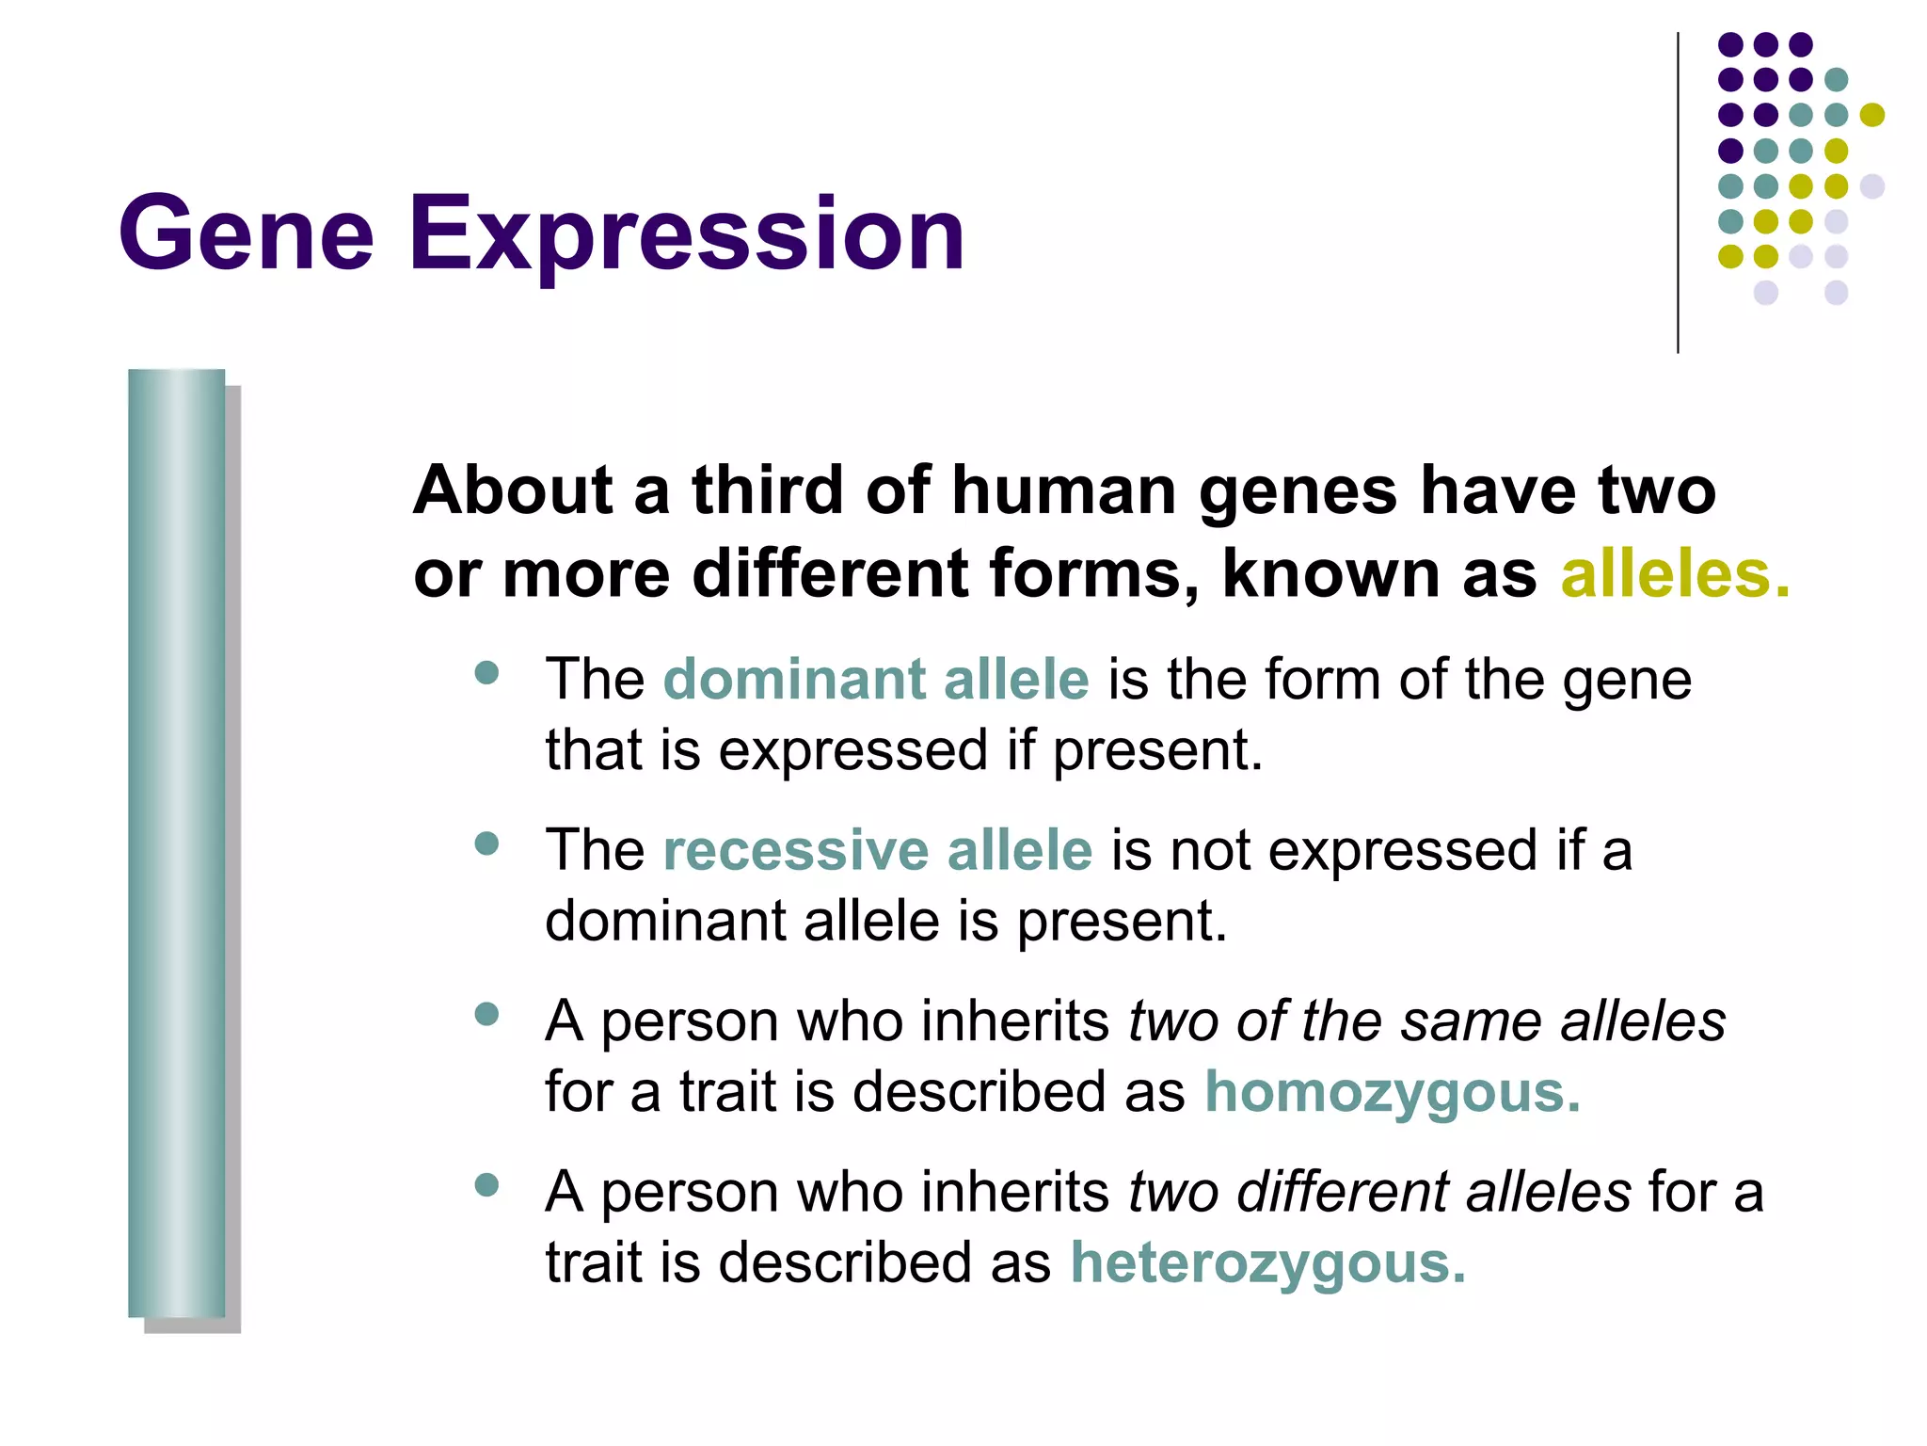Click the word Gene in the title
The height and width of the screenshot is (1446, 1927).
point(247,233)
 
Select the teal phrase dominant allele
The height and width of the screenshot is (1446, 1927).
point(876,679)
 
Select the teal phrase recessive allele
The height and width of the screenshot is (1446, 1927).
point(878,850)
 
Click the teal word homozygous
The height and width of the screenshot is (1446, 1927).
point(1392,1093)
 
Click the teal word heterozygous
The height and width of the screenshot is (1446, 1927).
point(1267,1263)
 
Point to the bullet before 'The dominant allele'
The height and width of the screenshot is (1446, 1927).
point(486,673)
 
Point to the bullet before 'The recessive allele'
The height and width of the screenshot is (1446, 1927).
point(486,843)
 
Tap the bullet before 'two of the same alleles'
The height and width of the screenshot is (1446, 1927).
point(486,1014)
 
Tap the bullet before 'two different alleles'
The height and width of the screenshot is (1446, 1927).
point(486,1184)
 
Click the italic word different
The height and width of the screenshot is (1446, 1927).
point(1341,1192)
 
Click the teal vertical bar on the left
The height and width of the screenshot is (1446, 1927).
point(176,843)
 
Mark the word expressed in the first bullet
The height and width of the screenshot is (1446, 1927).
point(852,751)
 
